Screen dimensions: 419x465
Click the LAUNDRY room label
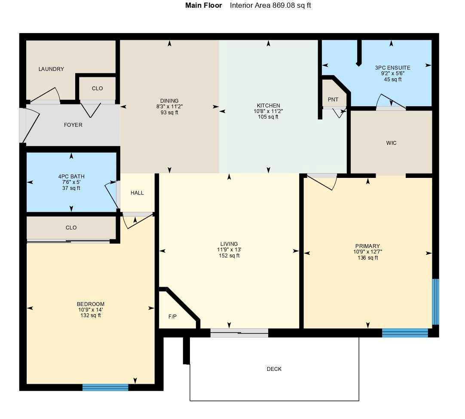pos(51,69)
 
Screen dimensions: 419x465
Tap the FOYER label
pos(73,125)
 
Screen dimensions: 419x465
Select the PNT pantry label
pos(333,100)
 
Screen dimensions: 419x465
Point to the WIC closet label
pos(391,143)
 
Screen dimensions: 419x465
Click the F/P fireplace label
pos(172,317)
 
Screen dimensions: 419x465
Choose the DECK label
pos(274,369)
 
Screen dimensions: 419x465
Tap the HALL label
pos(137,193)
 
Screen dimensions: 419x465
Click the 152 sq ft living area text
pos(229,256)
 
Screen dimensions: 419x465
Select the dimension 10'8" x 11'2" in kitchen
pos(269,111)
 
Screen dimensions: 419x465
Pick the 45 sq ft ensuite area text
pos(392,79)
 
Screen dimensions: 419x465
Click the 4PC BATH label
pos(71,177)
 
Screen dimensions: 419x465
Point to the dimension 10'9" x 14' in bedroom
pos(90,310)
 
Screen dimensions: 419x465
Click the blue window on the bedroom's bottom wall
pos(105,387)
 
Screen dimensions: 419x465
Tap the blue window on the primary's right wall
pos(435,302)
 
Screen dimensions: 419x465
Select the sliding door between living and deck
pos(239,333)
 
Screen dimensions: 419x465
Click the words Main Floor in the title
pos(204,6)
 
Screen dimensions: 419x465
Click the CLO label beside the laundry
pos(98,89)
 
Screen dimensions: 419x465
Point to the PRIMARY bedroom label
pos(367,246)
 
